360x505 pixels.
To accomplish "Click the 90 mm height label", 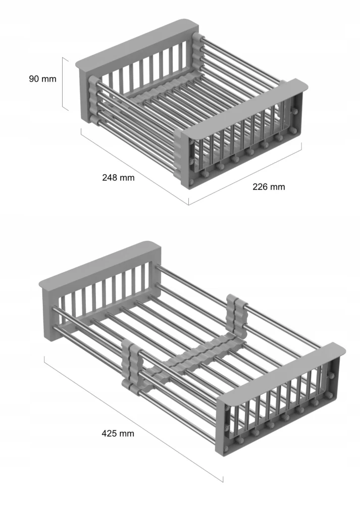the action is click(42, 79).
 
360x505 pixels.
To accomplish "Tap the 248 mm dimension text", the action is click(118, 177).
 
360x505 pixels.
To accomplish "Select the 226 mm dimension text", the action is click(269, 187).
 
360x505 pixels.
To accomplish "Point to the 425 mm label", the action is click(118, 433).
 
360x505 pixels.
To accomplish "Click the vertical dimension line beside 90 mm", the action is click(65, 84).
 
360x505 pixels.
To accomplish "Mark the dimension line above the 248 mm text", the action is click(135, 166).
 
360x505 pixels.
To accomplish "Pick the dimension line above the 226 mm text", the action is click(245, 174).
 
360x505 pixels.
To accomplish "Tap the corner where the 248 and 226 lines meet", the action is click(189, 205).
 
